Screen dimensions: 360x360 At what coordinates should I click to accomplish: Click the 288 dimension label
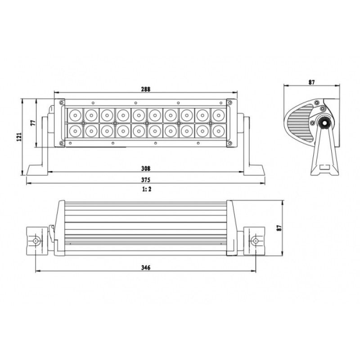coord(145,89)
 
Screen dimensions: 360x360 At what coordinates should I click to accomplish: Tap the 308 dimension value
coord(145,168)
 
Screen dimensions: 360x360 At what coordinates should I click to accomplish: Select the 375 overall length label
coord(145,180)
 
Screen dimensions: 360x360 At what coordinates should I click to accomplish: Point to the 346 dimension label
coord(145,268)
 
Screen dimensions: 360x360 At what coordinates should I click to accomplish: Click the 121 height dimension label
coord(19,137)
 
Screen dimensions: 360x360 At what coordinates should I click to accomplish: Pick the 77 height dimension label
coord(33,123)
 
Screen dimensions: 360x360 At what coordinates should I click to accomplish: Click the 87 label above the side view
coord(311,82)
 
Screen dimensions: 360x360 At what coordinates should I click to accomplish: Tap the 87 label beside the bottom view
coord(279,228)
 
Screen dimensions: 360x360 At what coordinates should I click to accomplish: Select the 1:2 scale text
coord(147,189)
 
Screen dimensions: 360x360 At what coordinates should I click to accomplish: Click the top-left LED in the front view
coord(75,115)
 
